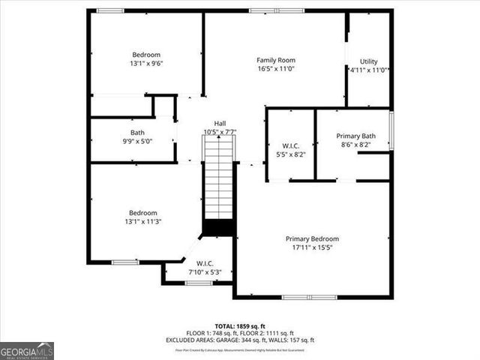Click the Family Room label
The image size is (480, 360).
[276, 60]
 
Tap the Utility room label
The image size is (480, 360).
[368, 61]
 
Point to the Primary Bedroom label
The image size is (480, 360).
[312, 238]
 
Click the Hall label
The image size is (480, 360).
[220, 124]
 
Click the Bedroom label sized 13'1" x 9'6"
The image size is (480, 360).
[146, 55]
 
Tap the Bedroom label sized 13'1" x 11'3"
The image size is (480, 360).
[142, 212]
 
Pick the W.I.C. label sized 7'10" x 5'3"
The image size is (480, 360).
[205, 263]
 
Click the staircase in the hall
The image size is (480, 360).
[220, 180]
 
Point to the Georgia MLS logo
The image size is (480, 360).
[27, 351]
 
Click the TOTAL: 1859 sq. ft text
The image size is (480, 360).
[240, 326]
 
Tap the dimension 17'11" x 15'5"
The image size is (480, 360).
[312, 247]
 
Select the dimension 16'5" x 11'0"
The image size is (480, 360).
[276, 68]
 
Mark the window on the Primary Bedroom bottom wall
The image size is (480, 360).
[309, 298]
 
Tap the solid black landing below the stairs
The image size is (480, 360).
[220, 227]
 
